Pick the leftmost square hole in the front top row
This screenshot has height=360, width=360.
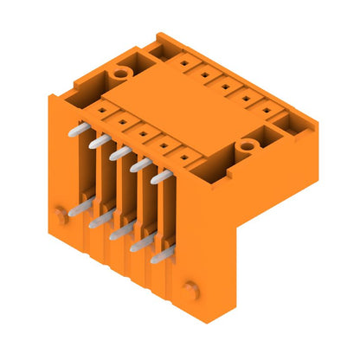(x=102, y=110)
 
